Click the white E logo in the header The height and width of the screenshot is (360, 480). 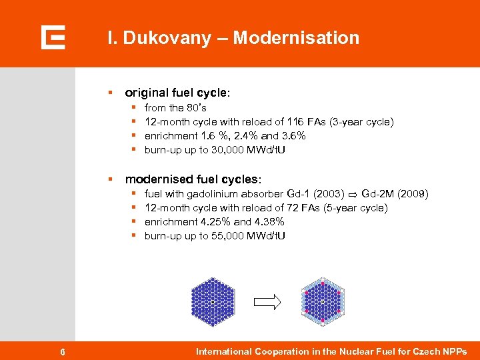pos(53,37)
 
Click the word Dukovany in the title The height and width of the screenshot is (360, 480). pos(155,38)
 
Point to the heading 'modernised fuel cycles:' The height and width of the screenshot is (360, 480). pos(193,179)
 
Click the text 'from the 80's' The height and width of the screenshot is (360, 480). pos(175,107)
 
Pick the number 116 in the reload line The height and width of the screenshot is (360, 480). pos(295,121)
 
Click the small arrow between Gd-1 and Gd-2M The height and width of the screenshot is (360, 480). pos(352,195)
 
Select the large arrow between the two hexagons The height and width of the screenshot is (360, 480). pos(268,302)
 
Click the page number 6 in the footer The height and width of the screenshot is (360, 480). pos(62,351)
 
